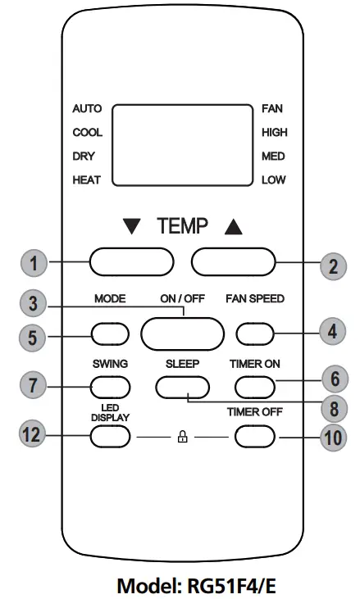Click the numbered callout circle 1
pos(34,263)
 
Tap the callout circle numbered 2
pos(333,263)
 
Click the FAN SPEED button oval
pos(256,334)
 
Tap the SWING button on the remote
pos(111,385)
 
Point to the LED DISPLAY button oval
pos(111,436)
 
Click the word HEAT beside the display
pos(87,180)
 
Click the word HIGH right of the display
pos(274,132)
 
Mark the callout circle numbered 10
pos(333,436)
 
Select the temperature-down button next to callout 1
pos(131,262)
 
